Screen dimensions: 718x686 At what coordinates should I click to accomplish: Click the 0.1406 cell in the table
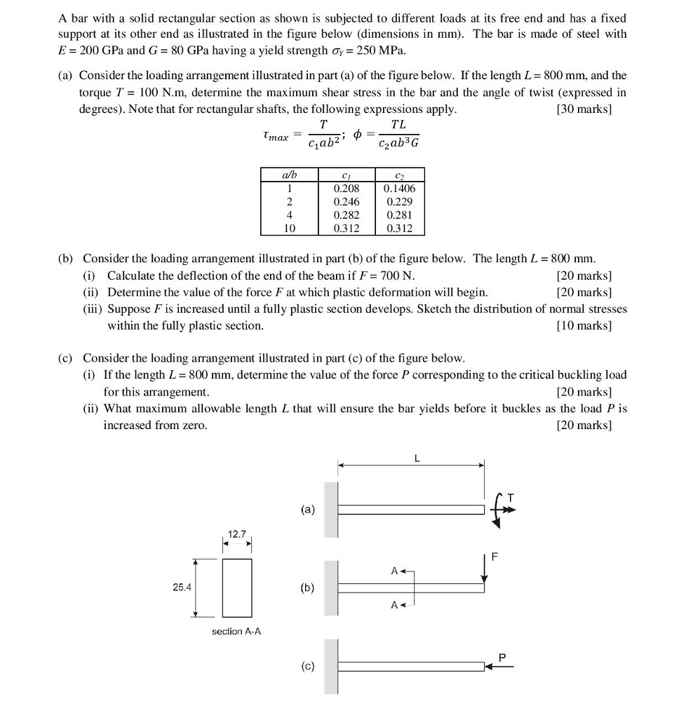[x=399, y=189]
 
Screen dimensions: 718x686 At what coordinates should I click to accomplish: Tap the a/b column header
[x=288, y=175]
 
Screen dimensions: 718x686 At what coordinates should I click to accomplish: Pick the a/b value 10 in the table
[x=288, y=229]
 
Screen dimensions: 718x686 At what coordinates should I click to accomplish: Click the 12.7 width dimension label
[x=238, y=535]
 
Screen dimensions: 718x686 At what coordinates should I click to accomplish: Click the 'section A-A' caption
[x=236, y=632]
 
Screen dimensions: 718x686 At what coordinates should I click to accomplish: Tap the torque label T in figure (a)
[x=511, y=497]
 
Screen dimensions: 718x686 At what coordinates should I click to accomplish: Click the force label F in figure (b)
[x=496, y=557]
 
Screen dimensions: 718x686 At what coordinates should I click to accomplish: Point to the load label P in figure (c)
[x=502, y=657]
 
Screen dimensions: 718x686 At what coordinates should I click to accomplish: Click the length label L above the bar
[x=417, y=459]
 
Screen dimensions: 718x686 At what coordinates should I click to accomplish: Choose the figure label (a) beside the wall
[x=308, y=509]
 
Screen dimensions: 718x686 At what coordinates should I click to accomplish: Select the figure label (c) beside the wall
[x=308, y=667]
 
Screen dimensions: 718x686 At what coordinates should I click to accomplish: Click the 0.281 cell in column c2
[x=399, y=215]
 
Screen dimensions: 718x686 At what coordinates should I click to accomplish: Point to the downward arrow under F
[x=484, y=569]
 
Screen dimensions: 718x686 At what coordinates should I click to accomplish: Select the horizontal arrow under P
[x=500, y=667]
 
